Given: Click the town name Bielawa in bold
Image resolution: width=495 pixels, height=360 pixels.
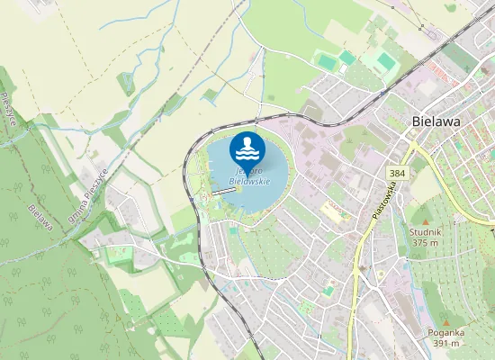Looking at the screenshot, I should point(436,121).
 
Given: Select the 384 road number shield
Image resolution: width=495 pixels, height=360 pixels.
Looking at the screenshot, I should point(397,172).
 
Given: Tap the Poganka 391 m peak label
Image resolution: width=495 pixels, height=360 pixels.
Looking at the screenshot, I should point(445,337).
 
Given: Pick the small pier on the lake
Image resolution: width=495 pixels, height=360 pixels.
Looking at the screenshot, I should point(222,191).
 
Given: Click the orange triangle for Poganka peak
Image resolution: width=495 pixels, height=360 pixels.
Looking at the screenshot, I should point(445,322).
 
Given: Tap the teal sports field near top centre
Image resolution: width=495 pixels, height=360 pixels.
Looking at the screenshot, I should point(346,58).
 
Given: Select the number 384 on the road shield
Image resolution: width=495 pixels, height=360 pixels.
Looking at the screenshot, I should point(397,172).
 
